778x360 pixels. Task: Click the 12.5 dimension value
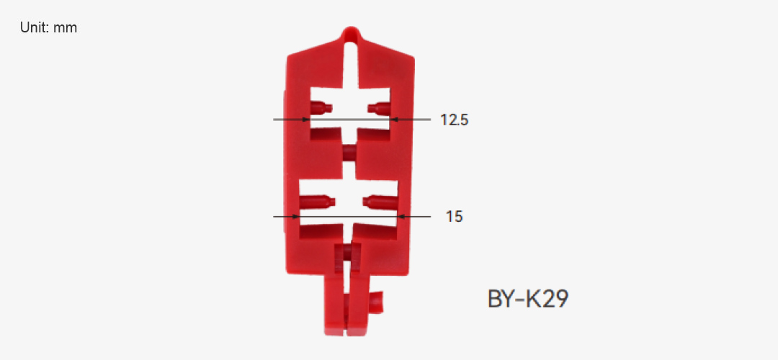coord(454,120)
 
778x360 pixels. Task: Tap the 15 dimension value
coord(454,217)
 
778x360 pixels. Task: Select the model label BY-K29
coord(528,299)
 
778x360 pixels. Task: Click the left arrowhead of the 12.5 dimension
coord(307,120)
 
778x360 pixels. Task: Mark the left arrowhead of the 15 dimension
coord(296,217)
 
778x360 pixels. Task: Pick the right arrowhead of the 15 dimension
coord(402,217)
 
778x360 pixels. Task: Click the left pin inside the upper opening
coord(321,107)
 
